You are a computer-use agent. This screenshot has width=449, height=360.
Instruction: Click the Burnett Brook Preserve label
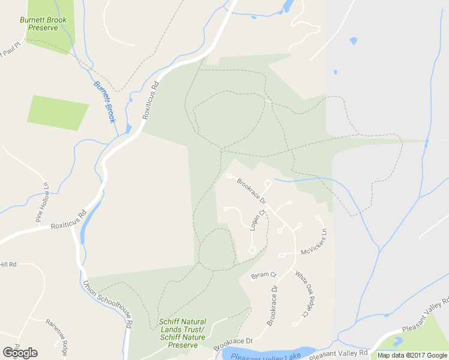click(43, 23)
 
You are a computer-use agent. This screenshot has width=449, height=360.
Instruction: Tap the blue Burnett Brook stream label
click(104, 102)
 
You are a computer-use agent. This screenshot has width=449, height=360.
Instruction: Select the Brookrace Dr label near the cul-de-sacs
click(251, 190)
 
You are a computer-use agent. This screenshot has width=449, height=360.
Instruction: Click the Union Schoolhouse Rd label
click(108, 304)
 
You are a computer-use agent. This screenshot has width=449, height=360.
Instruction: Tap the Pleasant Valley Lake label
click(265, 355)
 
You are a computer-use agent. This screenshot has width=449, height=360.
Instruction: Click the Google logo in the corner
click(20, 353)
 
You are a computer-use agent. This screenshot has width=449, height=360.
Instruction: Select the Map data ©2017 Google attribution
click(413, 355)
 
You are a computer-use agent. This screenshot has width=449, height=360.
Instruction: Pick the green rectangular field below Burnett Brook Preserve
click(58, 112)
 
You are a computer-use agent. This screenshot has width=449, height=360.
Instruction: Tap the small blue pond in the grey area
click(353, 41)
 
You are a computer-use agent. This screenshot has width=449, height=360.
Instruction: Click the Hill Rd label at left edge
click(8, 265)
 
